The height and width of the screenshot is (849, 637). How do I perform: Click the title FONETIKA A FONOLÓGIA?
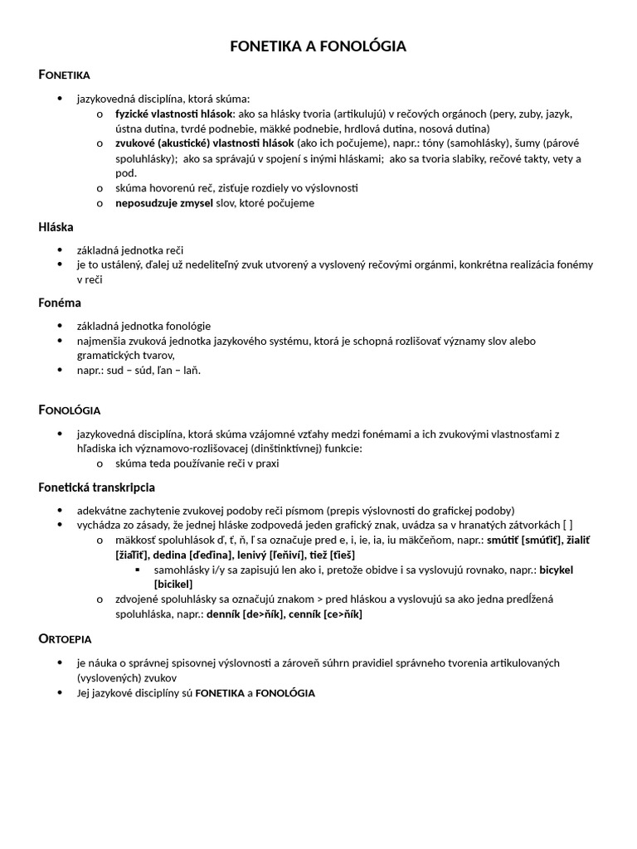pos(318,46)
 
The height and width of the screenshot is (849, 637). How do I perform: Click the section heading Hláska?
pos(56,226)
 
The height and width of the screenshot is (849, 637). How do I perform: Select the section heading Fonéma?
pos(60,303)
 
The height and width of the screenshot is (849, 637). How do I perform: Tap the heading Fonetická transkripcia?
pos(97,487)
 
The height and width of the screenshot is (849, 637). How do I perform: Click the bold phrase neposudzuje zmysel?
pos(164,202)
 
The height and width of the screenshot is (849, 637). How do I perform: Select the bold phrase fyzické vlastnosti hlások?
pos(174,114)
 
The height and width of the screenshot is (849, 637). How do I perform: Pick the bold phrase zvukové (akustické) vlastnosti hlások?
pos(205,143)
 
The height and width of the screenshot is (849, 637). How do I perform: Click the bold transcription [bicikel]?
pos(173,585)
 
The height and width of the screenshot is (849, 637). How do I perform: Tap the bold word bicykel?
pos(556,570)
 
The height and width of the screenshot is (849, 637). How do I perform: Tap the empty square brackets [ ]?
pos(566,525)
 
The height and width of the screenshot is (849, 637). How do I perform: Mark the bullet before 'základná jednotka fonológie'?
pos(60,326)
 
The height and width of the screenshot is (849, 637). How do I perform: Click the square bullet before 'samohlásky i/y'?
pos(137,570)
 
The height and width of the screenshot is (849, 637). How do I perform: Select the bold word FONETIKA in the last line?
pos(219,692)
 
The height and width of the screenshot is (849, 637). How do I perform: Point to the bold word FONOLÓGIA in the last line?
pos(285,692)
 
